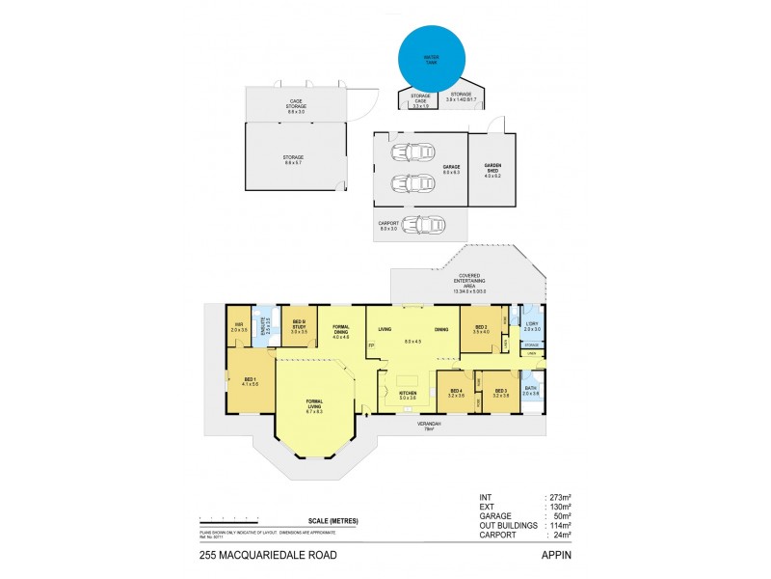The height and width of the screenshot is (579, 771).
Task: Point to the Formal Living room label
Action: [314, 403]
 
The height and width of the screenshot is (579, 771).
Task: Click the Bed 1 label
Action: [251, 382]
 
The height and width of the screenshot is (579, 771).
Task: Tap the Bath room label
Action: [531, 390]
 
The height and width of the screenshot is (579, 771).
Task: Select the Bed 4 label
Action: [457, 392]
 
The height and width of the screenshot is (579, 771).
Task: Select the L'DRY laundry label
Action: [532, 326]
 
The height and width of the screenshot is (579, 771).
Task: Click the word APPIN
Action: [554, 555]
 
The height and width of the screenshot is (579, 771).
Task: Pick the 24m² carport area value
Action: [561, 534]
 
